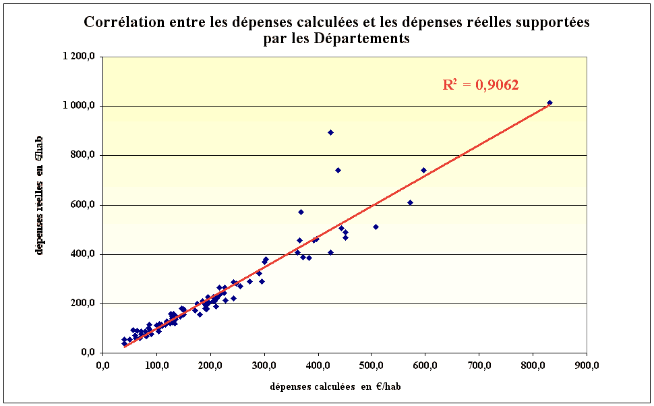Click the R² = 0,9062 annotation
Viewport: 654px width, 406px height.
coord(480,85)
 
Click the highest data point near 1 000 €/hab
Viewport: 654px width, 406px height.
coord(549,103)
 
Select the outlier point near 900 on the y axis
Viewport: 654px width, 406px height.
coord(330,132)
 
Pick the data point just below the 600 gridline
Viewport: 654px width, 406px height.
coord(410,202)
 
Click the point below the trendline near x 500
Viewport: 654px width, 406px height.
coord(376,227)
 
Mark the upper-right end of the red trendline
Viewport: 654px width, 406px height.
coord(549,105)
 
